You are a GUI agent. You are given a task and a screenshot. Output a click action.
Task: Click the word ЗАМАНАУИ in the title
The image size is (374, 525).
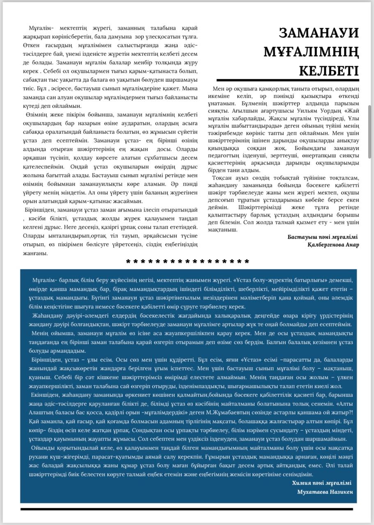coord(319,33)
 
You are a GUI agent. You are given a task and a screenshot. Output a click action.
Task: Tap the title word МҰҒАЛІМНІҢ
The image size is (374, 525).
coord(311,52)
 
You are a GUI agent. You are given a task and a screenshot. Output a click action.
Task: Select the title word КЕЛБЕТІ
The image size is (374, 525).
coord(329,70)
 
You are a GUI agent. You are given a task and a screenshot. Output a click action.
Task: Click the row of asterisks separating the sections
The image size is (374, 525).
coord(187,261)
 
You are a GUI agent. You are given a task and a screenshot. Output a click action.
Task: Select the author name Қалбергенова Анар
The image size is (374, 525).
coord(333,245)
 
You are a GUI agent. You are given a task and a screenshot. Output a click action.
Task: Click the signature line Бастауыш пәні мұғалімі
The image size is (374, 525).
coord(323,237)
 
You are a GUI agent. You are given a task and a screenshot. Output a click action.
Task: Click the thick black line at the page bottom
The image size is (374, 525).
coord(187,509)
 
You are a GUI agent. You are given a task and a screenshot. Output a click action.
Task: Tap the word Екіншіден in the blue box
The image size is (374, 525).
coord(44,395)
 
